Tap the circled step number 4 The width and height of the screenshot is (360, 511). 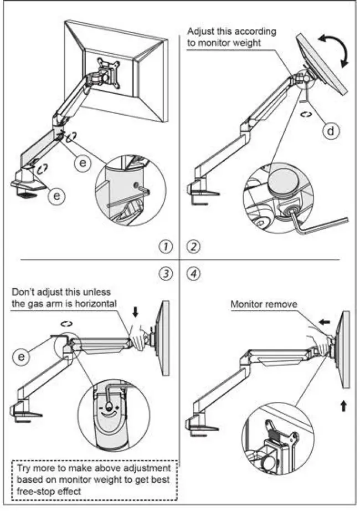pos(193,274)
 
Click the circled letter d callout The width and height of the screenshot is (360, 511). pos(330,131)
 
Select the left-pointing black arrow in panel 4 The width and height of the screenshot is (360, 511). pos(326,321)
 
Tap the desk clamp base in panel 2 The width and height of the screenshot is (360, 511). pos(201,193)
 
